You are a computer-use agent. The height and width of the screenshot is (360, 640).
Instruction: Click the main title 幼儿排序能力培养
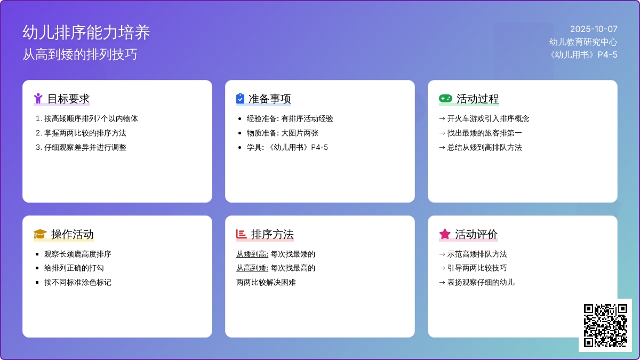click(86, 33)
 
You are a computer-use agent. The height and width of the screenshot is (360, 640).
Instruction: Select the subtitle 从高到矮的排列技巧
click(80, 54)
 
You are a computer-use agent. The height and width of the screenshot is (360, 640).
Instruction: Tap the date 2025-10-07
click(594, 29)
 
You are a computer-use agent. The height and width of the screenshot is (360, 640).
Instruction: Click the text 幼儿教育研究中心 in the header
click(583, 42)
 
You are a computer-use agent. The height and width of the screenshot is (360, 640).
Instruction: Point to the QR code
click(605, 325)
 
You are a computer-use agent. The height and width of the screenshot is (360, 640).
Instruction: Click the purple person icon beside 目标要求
click(38, 99)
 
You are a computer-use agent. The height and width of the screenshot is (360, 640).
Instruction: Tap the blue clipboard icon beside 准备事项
click(241, 98)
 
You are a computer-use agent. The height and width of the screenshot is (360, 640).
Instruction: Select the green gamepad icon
click(445, 99)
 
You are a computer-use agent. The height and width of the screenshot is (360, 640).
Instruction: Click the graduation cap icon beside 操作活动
click(40, 234)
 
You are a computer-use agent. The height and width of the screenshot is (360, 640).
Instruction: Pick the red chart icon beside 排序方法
click(241, 234)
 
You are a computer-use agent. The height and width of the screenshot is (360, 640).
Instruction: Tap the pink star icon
click(445, 234)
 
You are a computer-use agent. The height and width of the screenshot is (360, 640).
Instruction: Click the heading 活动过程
click(478, 99)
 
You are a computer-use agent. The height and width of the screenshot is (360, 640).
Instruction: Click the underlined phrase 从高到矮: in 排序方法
click(252, 268)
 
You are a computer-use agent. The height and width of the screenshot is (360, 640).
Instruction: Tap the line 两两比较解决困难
click(266, 282)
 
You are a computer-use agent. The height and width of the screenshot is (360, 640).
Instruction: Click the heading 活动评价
click(477, 234)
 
